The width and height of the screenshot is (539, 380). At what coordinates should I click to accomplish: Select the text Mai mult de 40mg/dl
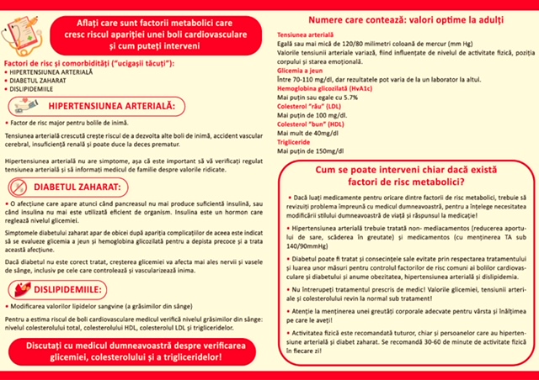(309, 132)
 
